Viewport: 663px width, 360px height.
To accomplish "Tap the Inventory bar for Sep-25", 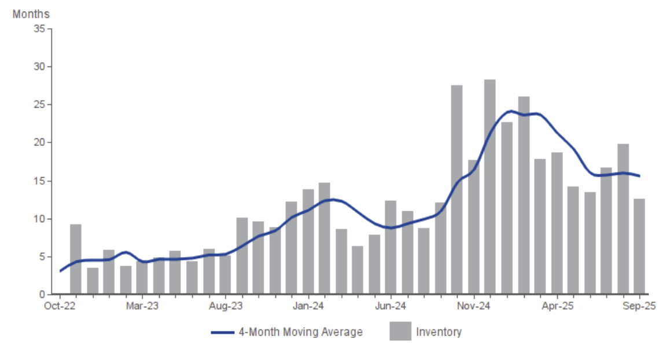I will (x=639, y=246).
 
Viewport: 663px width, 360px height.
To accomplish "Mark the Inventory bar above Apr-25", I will (x=557, y=223).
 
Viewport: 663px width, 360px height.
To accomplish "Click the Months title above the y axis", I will (x=31, y=14).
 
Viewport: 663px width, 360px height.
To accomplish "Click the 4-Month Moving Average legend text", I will (x=300, y=332).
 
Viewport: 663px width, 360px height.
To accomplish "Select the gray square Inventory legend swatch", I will (x=400, y=331).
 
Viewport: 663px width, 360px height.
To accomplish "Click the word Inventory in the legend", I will (x=439, y=332).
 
